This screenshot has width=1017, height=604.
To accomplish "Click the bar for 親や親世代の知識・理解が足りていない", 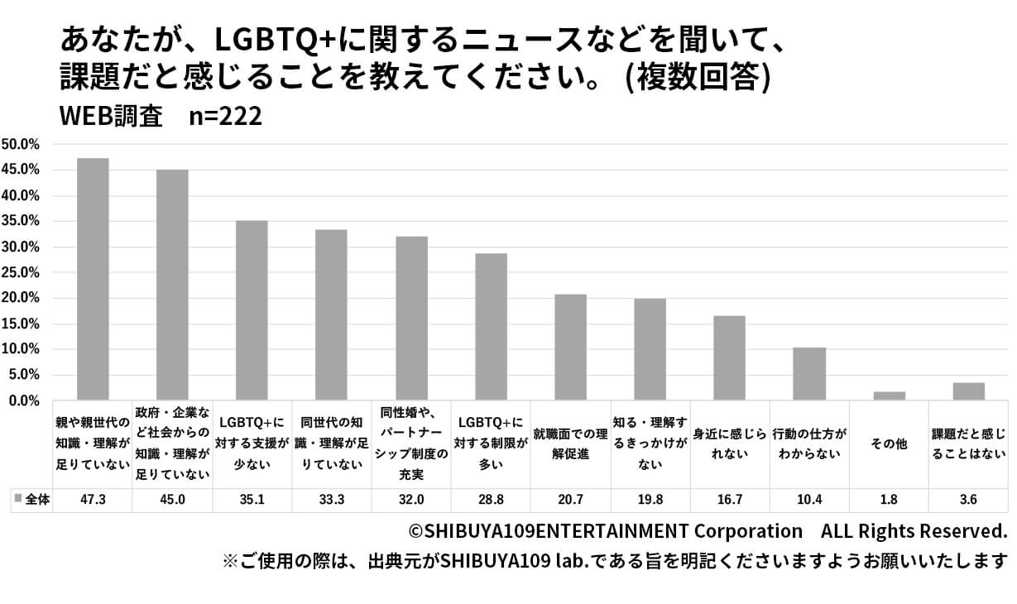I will [x=93, y=280].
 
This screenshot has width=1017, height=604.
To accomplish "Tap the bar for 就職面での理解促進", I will [x=570, y=348].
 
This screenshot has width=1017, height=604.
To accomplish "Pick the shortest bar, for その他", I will [x=889, y=396].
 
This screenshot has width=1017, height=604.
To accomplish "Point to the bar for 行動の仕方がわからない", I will [x=809, y=374].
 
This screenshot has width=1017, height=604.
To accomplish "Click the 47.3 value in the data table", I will [x=93, y=500].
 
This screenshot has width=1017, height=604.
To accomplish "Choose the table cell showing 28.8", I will [x=491, y=500].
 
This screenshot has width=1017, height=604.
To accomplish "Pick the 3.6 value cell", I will [x=968, y=500].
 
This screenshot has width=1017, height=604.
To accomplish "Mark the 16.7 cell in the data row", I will [x=730, y=500].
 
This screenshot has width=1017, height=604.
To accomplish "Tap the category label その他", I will [x=889, y=443].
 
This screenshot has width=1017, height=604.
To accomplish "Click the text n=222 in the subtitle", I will [x=225, y=117].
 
